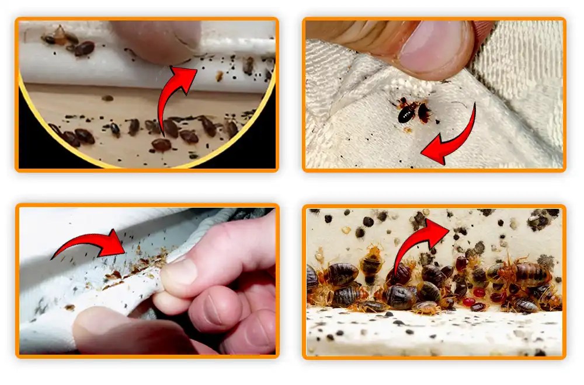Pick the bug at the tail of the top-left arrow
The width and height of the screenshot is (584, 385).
point(161,144)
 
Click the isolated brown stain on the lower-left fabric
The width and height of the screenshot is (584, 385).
point(69,307)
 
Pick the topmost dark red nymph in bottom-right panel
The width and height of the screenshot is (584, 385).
point(462,263)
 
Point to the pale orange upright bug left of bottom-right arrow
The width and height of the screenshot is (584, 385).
point(371,262)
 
